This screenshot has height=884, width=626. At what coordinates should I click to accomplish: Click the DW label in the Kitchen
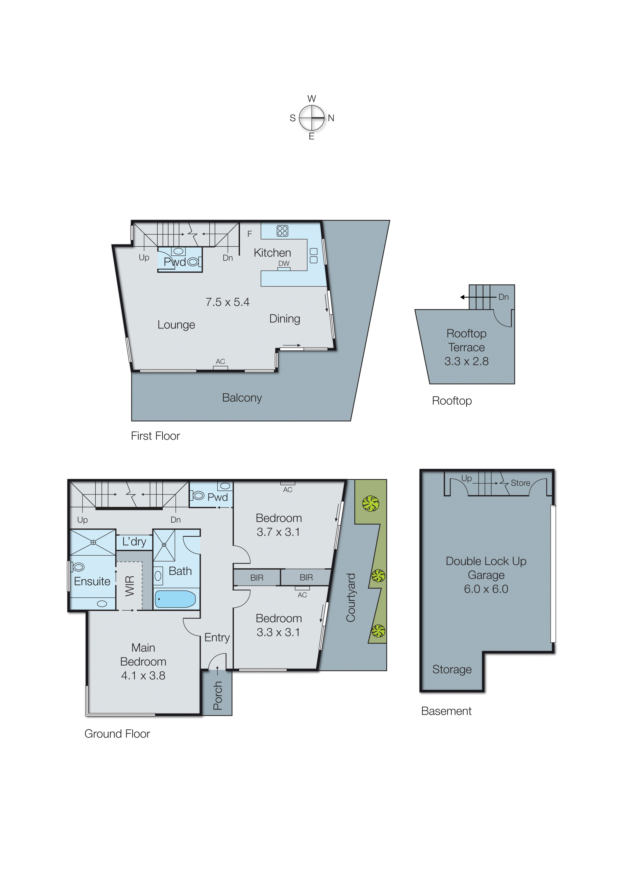click(284, 263)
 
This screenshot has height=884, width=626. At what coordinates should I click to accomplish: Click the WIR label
click(130, 586)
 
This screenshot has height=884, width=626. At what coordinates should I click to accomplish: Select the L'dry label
click(134, 542)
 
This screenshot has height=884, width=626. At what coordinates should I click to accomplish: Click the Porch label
click(218, 696)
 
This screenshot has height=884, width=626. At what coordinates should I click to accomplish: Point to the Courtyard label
click(350, 598)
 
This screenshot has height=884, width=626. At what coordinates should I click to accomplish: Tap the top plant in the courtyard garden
click(370, 503)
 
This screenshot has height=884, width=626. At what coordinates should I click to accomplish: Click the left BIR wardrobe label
click(257, 578)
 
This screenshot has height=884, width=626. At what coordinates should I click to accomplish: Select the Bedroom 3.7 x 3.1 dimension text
click(278, 532)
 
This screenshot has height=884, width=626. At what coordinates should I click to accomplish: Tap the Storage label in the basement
click(452, 669)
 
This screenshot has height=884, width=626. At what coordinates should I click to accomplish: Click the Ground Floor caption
click(117, 734)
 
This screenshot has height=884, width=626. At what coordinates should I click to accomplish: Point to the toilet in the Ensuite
click(78, 567)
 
